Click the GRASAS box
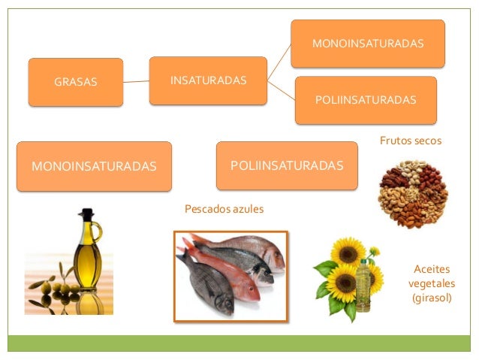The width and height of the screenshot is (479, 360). click(x=75, y=82)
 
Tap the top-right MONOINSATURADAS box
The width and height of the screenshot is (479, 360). click(x=367, y=44)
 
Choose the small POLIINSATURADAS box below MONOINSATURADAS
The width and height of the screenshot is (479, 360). click(x=366, y=100)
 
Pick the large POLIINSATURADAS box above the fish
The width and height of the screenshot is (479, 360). click(x=287, y=165)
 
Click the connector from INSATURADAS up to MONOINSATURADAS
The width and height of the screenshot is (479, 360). click(x=279, y=59)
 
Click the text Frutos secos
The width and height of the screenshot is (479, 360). click(x=410, y=141)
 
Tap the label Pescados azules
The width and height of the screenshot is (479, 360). click(x=224, y=208)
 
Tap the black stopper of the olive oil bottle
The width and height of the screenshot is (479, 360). click(x=87, y=214)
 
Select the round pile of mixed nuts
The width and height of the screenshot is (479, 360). click(x=413, y=192)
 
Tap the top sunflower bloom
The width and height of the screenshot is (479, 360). click(x=348, y=250)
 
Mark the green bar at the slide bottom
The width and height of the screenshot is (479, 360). click(x=239, y=343)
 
